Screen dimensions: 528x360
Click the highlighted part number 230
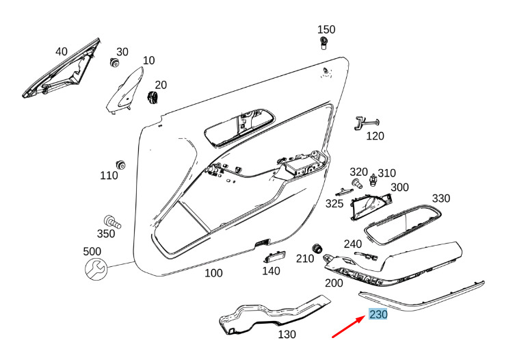(378, 314)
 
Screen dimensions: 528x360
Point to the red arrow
(349, 326)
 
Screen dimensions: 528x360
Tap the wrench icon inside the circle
(96, 270)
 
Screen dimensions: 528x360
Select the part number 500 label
(92, 251)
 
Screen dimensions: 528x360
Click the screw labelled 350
(112, 222)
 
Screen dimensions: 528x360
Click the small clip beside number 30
(114, 62)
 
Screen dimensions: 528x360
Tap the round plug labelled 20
(153, 97)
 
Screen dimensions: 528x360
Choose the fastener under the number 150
(324, 43)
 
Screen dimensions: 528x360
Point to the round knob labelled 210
(317, 248)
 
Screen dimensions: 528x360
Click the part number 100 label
(213, 272)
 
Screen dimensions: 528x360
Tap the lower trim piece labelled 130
(274, 315)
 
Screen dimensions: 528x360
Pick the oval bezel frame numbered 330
(403, 224)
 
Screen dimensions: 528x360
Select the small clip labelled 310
(373, 179)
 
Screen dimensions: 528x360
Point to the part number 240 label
(352, 244)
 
